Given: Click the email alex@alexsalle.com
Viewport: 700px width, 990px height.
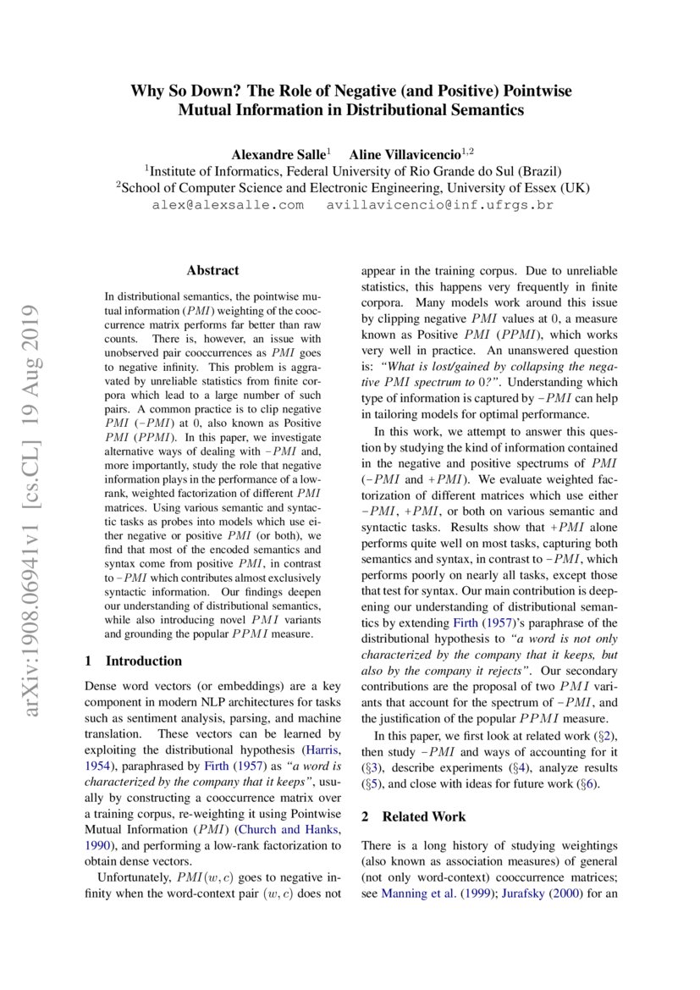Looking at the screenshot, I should pos(228,206).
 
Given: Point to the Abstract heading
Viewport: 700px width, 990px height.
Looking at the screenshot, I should pos(212,271).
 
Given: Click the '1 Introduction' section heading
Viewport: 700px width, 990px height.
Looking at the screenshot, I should pos(135,661).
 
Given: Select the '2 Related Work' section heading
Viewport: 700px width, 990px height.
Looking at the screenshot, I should pos(413,817).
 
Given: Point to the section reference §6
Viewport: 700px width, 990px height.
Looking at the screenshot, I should pos(587,783).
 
